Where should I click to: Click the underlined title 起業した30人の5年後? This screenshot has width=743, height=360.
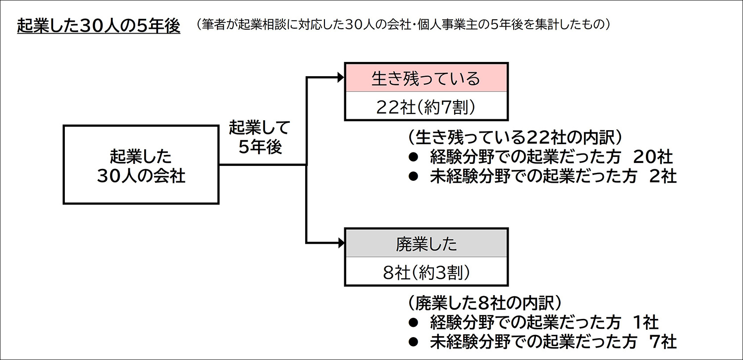(x=98, y=26)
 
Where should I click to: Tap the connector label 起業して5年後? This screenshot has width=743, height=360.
(x=259, y=137)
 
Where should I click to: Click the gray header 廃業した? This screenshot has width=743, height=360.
(x=426, y=244)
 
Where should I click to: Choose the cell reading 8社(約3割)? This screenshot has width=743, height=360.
(x=426, y=272)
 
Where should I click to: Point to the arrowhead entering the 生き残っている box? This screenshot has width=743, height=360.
(x=340, y=77)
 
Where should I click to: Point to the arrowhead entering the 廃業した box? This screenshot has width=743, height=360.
(x=340, y=243)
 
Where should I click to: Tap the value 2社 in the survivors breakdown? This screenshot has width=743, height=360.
(x=664, y=177)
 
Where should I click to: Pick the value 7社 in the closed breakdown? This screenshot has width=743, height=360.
(x=664, y=342)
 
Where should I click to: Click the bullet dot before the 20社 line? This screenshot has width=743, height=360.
(x=414, y=157)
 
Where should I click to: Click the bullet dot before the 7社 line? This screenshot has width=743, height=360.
(x=414, y=342)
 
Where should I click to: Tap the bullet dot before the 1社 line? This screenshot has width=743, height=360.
(x=414, y=323)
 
